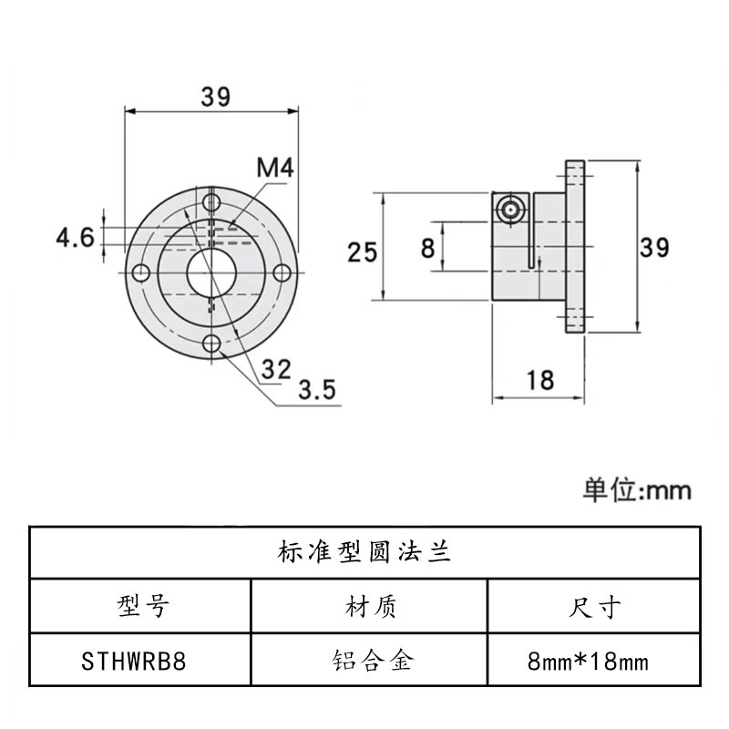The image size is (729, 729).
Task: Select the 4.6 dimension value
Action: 75,239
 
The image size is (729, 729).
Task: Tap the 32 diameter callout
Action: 275,369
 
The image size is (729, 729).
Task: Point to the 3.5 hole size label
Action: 317,390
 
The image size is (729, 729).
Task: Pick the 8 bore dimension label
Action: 427,247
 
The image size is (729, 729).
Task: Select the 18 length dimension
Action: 540,380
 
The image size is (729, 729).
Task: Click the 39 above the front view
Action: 216,96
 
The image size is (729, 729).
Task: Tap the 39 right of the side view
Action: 653,247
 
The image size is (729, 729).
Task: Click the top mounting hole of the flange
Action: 212,201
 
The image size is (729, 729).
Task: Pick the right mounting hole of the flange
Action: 282,272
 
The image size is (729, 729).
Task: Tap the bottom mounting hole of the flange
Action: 212,344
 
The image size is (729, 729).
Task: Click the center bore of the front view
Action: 212,272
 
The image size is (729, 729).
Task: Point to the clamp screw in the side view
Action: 512,207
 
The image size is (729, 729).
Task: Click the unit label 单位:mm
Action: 637,490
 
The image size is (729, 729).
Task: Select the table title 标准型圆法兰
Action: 364,553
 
